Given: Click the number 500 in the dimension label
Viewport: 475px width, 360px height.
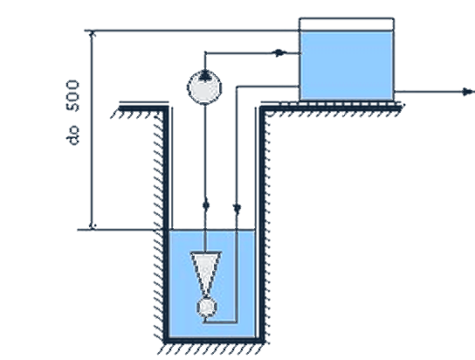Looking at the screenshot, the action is [x=73, y=96].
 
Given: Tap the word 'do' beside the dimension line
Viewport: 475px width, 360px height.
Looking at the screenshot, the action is [x=73, y=135].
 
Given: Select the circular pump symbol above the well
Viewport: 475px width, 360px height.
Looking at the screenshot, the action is [x=204, y=87].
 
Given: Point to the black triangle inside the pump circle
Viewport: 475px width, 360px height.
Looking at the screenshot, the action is [x=205, y=76].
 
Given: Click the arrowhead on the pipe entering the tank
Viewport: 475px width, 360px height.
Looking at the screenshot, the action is [x=279, y=53].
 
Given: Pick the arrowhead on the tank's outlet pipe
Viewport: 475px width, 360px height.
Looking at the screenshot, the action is [x=468, y=92].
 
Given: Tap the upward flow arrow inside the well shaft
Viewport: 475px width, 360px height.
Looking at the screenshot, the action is [x=206, y=205].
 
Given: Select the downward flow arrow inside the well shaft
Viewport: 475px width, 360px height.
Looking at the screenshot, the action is [x=237, y=208].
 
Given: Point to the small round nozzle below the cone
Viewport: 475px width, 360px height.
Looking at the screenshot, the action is [x=207, y=307].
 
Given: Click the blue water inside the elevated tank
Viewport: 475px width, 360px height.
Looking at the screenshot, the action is [x=347, y=65].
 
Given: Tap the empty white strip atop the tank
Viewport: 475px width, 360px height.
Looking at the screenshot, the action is [x=347, y=24].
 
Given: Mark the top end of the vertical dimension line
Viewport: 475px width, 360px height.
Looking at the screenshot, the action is [x=92, y=31].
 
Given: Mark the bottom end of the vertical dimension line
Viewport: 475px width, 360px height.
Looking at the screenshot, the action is [x=92, y=230].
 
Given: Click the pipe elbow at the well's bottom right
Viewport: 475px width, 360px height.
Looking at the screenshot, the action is [x=236, y=322].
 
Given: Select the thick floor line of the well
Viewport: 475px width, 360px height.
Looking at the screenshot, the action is [x=214, y=341].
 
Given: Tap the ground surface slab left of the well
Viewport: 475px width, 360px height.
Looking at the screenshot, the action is [x=143, y=108].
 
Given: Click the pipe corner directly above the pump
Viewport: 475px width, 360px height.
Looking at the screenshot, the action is [x=205, y=53].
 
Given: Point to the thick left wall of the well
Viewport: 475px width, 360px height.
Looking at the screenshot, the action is [x=165, y=225].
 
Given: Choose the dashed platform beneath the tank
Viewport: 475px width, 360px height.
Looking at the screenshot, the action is [x=341, y=104].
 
